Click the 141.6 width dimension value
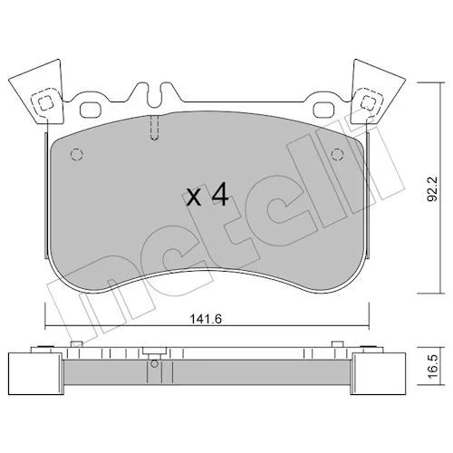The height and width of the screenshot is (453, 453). coord(206,319)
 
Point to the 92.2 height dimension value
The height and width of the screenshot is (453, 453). coord(434,189)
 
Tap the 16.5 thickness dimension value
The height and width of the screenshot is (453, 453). coord(434,367)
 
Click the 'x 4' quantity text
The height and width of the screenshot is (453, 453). coord(207,197)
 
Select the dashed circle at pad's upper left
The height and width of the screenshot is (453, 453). coord(77,155)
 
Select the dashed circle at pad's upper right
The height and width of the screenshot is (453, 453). coord(338,155)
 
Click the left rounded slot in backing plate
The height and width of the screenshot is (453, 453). coord(91,110)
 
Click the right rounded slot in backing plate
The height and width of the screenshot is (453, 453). coord(324,110)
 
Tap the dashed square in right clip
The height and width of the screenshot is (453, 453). coord(369,103)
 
